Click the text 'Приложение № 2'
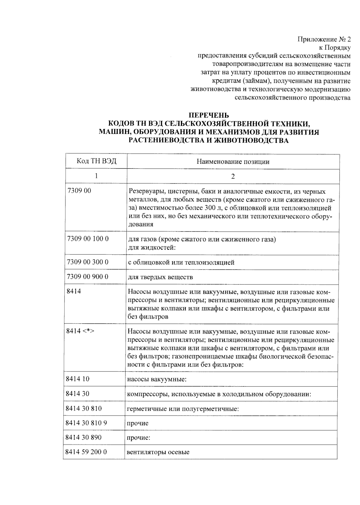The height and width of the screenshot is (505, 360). click(x=324, y=39)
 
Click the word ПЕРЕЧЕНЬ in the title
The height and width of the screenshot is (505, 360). click(x=208, y=115)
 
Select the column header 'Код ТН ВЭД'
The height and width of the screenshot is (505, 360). click(x=96, y=161)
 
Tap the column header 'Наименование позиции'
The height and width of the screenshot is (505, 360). click(x=233, y=162)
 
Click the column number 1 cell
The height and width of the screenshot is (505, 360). click(x=96, y=176)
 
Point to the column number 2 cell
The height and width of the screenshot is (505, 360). click(x=233, y=176)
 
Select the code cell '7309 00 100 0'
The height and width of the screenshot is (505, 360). click(x=88, y=239)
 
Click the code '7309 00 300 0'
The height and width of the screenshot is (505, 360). click(x=88, y=262)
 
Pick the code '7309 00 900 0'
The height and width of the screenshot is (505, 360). click(x=88, y=276)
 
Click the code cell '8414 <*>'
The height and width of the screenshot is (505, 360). click(x=80, y=331)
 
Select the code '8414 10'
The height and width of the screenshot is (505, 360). click(x=78, y=379)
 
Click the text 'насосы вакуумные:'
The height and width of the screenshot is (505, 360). click(x=157, y=379)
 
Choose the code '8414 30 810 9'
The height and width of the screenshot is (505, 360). click(x=86, y=423)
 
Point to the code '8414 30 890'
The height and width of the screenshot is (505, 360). click(x=83, y=437)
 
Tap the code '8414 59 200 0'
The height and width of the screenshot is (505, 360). click(x=86, y=452)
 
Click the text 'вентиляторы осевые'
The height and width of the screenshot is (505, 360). click(x=158, y=452)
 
